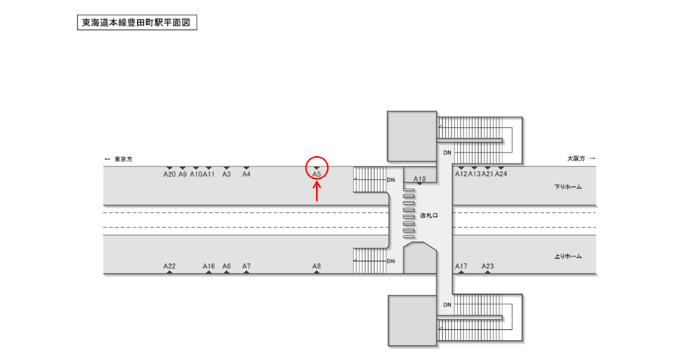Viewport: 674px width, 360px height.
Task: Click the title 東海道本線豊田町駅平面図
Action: [x=136, y=23]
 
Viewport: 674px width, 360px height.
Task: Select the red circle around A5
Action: [x=317, y=169]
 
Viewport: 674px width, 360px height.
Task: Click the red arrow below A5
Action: [x=317, y=191]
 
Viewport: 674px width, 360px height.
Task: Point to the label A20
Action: [x=169, y=175]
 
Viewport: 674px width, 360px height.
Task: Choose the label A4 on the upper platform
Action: [x=246, y=175]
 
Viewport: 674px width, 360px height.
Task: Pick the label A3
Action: [x=227, y=175]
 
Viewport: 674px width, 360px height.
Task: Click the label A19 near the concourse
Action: [x=420, y=179]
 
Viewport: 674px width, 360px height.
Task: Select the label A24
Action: [x=501, y=175]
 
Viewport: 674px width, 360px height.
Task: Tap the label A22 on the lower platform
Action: [x=169, y=266]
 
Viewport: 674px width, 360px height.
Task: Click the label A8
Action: [x=317, y=266]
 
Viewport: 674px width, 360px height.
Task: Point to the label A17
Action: [x=461, y=266]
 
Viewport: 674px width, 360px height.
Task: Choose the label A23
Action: [x=488, y=266]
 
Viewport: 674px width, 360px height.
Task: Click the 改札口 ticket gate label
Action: [x=429, y=216]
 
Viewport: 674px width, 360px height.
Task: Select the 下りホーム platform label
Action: [x=568, y=187]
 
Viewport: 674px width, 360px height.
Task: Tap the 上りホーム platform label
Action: [x=568, y=256]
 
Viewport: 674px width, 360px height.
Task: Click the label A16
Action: [x=209, y=266]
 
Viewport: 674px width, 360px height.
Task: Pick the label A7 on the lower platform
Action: [x=246, y=266]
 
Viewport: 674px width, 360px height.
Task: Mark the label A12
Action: [x=461, y=175]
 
